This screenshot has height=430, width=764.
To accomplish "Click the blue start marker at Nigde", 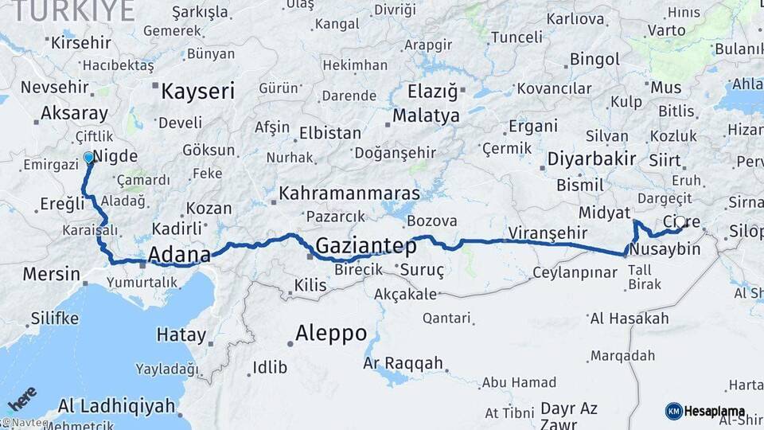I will click(x=88, y=158).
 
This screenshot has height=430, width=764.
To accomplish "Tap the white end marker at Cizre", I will click(x=680, y=222).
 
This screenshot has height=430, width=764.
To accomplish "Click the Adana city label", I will click(x=179, y=256).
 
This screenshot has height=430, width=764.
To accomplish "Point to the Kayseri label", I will click(x=197, y=91).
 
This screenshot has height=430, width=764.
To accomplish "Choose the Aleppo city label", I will click(x=330, y=332).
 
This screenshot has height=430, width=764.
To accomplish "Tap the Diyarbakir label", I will click(x=591, y=158).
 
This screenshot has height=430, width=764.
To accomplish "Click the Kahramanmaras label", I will click(x=349, y=193).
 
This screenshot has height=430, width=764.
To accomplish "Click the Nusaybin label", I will click(x=664, y=250).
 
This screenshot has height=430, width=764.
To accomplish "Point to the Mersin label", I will click(x=51, y=275).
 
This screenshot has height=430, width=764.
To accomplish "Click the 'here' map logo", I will click(x=21, y=396).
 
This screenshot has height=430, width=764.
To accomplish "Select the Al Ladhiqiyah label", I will click(x=116, y=405).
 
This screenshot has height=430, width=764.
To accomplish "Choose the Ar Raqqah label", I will click(x=403, y=363).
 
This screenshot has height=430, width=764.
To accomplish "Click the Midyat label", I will click(x=606, y=213).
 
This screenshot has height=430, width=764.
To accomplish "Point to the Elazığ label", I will click(x=432, y=92).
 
